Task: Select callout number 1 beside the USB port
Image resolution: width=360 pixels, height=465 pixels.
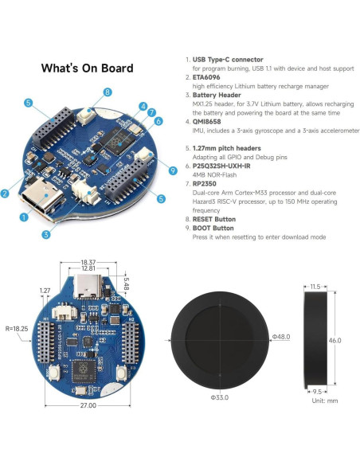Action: pyautogui.click(x=23, y=216)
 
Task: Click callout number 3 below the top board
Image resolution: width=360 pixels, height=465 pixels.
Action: pyautogui.click(x=46, y=234)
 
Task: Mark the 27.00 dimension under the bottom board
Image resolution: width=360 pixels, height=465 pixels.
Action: pyautogui.click(x=88, y=405)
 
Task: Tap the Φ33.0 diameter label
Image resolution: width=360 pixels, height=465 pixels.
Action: pyautogui.click(x=220, y=397)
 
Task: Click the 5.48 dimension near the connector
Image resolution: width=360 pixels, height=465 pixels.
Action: pyautogui.click(x=127, y=283)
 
